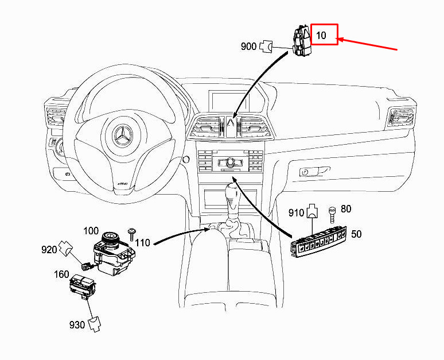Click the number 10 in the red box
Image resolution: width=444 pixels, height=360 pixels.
pos(321,36)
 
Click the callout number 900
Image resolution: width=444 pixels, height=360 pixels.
pos(248,47)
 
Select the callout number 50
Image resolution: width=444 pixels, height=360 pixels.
pos(356,234)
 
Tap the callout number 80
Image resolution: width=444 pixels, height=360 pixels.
pos(346,208)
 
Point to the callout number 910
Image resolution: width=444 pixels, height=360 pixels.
pos(296,212)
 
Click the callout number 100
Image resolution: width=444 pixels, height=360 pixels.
pos(91,231)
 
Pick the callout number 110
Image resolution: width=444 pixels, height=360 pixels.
pos(142,242)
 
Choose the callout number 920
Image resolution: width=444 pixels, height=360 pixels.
pos(49,249)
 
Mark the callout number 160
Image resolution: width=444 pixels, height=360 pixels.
pos(62,274)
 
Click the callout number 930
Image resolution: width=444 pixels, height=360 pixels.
pos(77,325)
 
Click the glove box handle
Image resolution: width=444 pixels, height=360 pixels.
pos(315,171)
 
